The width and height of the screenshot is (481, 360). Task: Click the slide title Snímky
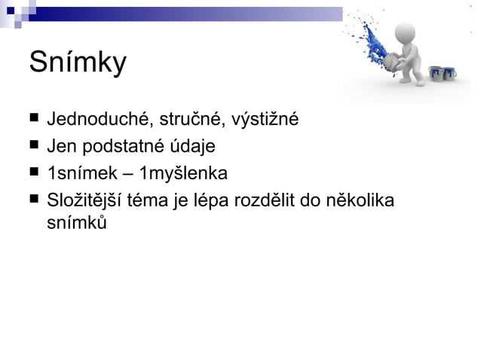pos(78,63)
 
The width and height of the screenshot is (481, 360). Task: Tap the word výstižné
pos(265,119)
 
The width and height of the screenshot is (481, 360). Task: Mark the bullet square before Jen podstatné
pos(33,145)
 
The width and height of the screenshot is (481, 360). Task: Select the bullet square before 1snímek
pos(33,172)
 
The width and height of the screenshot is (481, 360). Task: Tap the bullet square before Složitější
pos(33,200)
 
